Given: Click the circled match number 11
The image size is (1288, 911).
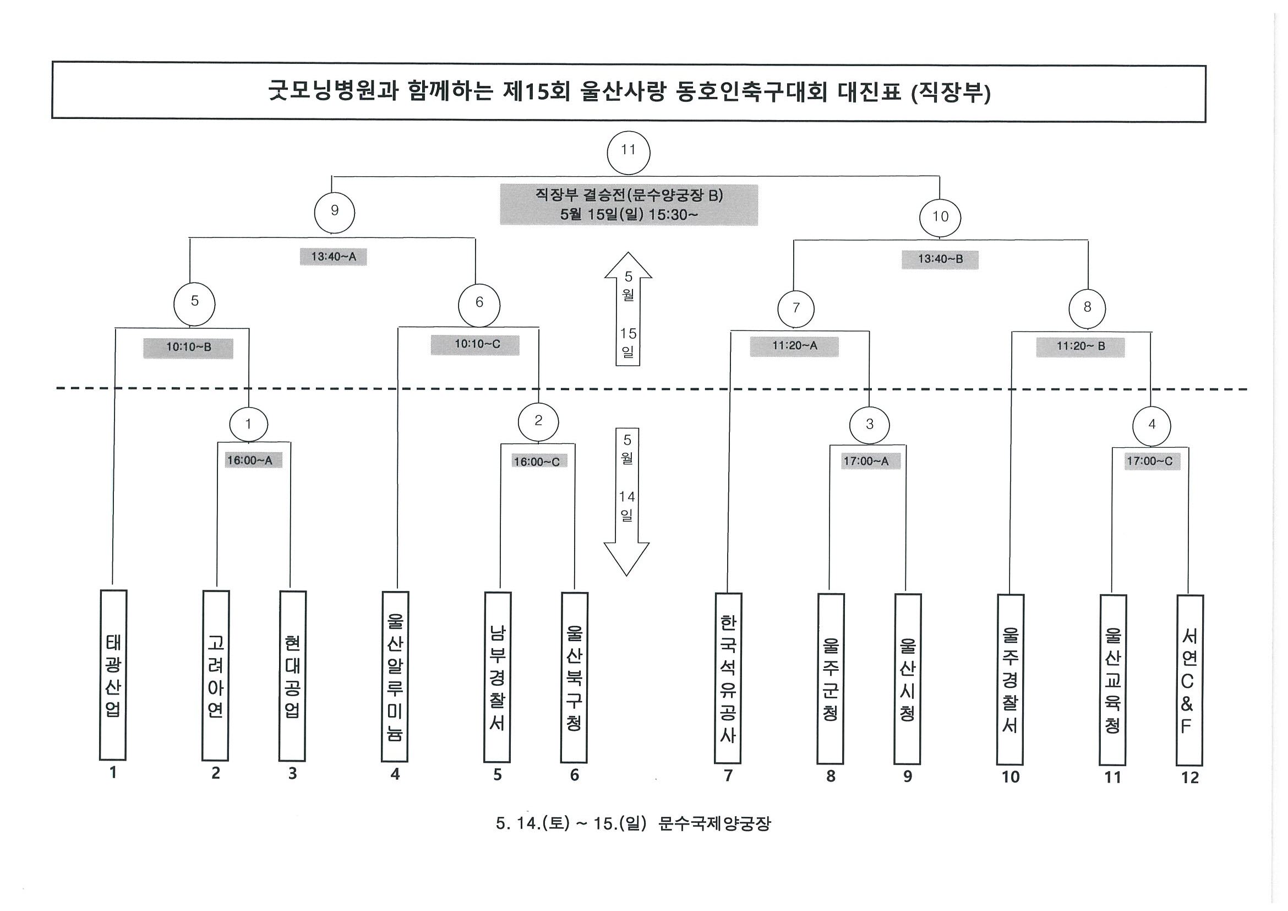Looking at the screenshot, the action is pyautogui.click(x=628, y=152).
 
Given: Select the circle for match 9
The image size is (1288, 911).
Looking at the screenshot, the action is pyautogui.click(x=334, y=212).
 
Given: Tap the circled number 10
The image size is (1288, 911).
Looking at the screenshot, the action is pyautogui.click(x=940, y=216).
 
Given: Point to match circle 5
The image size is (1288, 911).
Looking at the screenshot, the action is pyautogui.click(x=194, y=305).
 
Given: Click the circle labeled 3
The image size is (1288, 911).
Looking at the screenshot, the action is pyautogui.click(x=870, y=425).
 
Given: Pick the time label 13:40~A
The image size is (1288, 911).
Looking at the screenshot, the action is pyautogui.click(x=333, y=257).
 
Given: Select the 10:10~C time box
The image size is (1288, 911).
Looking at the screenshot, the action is pyautogui.click(x=475, y=345).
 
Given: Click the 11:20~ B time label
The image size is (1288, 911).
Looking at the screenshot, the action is pyautogui.click(x=1080, y=347).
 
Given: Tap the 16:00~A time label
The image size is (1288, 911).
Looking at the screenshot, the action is pyautogui.click(x=249, y=461).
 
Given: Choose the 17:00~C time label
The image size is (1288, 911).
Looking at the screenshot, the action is pyautogui.click(x=1149, y=462).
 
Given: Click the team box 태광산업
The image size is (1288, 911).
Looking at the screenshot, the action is pyautogui.click(x=113, y=675).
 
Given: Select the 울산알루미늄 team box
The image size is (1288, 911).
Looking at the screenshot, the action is pyautogui.click(x=395, y=676).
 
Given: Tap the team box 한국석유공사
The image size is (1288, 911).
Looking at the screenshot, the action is pyautogui.click(x=728, y=679).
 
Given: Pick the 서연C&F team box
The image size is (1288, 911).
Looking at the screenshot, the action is pyautogui.click(x=1189, y=680).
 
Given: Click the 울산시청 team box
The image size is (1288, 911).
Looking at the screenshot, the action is pyautogui.click(x=907, y=679).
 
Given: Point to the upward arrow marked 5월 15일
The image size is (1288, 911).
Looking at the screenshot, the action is pyautogui.click(x=628, y=310).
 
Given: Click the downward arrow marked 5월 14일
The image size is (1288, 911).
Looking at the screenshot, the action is pyautogui.click(x=626, y=502).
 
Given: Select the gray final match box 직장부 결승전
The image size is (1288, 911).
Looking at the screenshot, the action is pyautogui.click(x=629, y=205).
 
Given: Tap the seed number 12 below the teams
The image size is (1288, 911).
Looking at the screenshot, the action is pyautogui.click(x=1189, y=777).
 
